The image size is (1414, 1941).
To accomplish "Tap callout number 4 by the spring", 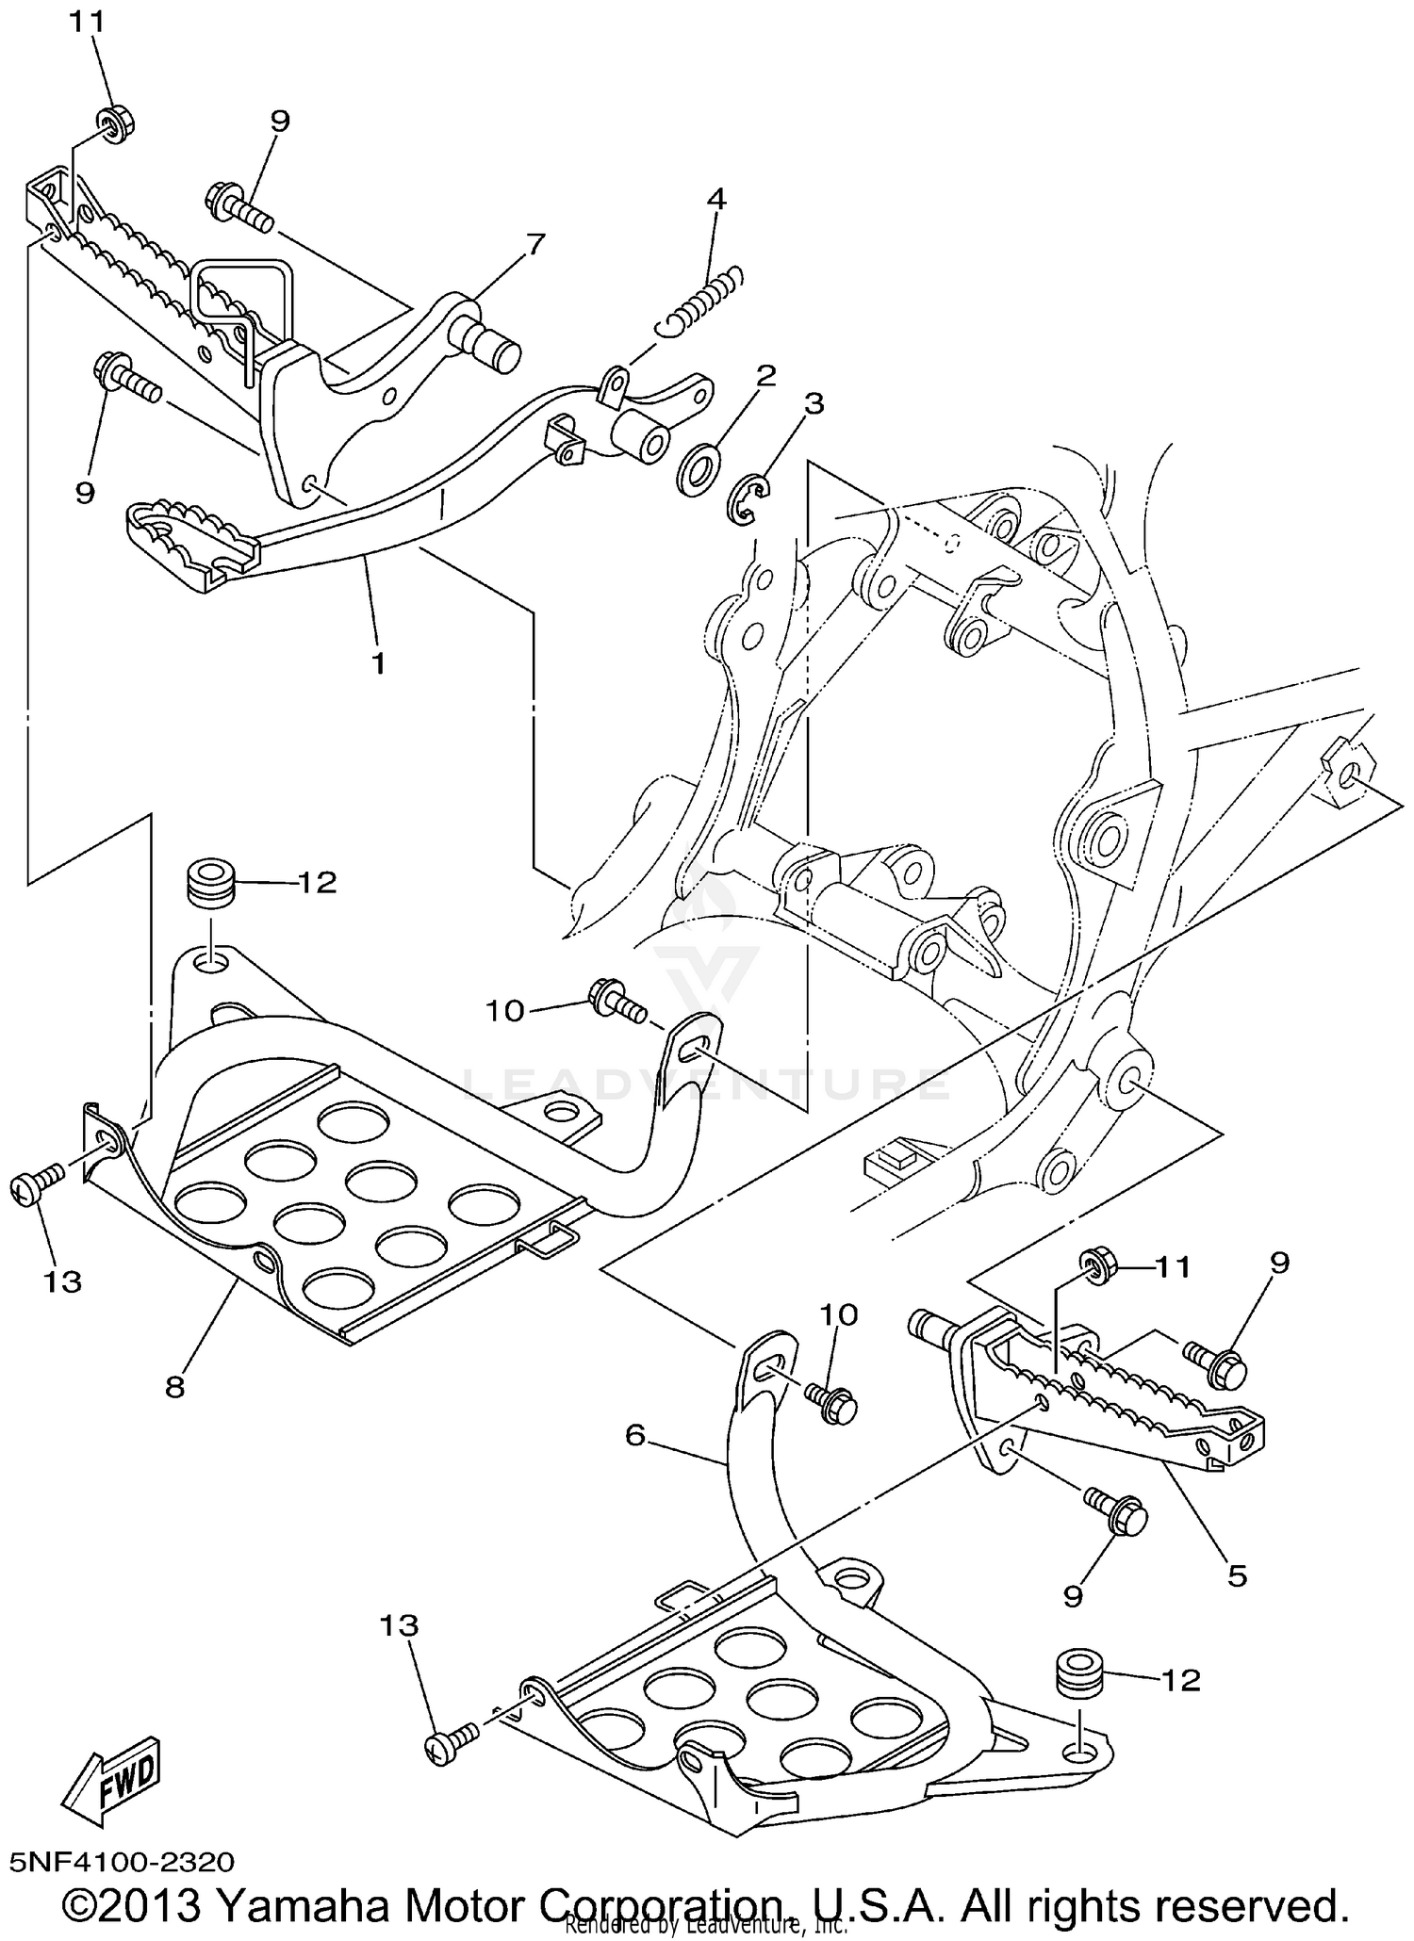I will (716, 199).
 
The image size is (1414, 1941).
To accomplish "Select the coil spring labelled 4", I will (702, 300).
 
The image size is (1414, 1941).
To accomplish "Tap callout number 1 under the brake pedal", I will (378, 664).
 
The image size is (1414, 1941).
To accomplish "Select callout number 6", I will (636, 1435).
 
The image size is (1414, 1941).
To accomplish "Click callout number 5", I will (1237, 1574).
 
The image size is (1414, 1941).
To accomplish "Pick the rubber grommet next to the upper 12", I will (210, 882).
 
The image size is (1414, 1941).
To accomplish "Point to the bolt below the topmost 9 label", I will (238, 207).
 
